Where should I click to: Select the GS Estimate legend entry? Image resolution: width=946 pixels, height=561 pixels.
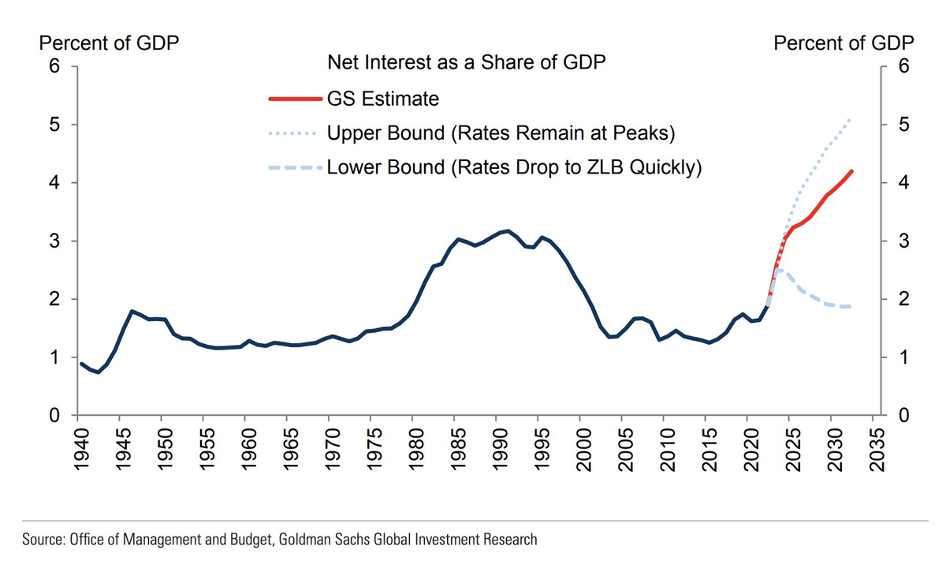[x=382, y=99]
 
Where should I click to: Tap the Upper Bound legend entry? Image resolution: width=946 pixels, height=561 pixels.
[x=501, y=133]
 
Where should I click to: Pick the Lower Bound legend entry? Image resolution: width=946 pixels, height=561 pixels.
[x=513, y=167]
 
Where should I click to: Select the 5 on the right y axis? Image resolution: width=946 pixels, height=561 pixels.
[x=903, y=125]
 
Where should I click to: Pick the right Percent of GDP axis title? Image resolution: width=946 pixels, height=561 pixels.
[x=844, y=43]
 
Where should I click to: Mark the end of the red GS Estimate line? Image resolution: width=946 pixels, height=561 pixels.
[x=851, y=171]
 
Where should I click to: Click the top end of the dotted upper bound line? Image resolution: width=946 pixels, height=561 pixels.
[x=851, y=119]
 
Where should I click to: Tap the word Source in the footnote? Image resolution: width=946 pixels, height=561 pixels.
[x=41, y=540]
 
